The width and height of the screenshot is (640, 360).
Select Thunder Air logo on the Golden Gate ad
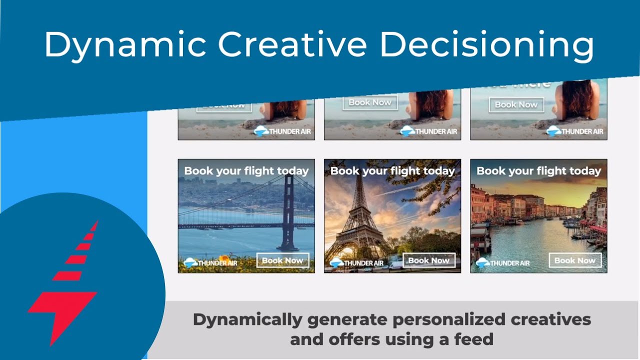pos(210,262)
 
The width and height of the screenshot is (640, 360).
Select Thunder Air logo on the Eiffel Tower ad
pos(356,262)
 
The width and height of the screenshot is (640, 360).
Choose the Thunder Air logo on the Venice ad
pos(502,262)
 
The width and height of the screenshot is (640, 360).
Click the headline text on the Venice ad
pos(538,171)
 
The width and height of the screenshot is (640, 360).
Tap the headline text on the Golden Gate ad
pos(246,171)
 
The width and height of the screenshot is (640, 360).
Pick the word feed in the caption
pos(473,339)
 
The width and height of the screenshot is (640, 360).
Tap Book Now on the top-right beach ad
pos(516,104)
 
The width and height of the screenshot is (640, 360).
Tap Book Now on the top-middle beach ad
pos(369,102)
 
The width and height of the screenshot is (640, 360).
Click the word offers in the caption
pos(349,339)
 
